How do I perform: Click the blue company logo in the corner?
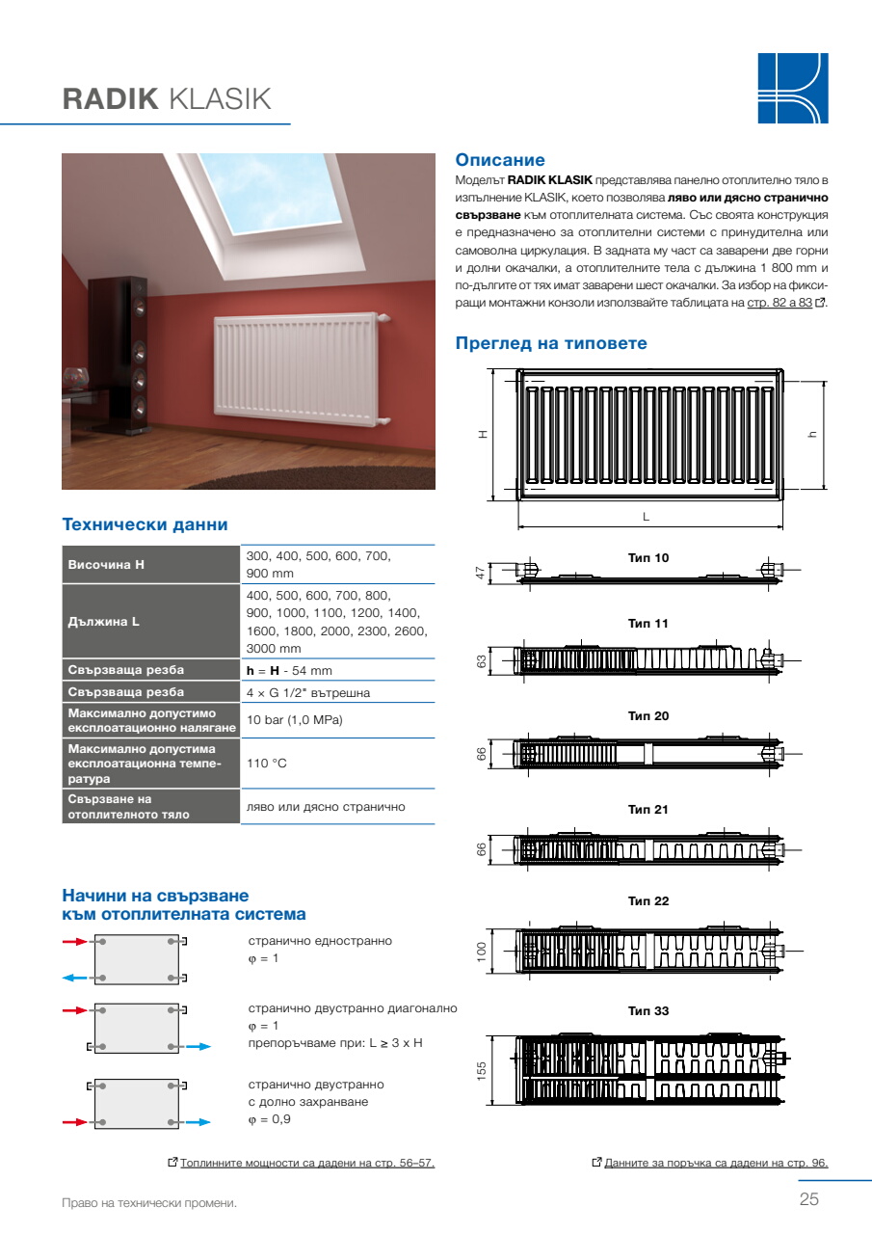tap(793, 88)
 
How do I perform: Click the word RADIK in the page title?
tap(110, 99)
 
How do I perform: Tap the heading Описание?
tap(500, 160)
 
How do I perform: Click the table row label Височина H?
tap(106, 565)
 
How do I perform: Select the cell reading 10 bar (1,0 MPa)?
tap(295, 720)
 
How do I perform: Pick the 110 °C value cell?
tap(267, 763)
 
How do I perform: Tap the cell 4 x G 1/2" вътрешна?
tap(308, 692)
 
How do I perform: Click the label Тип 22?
tap(647, 900)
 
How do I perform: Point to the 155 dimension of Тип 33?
tap(482, 1070)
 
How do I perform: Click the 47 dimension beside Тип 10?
tap(481, 573)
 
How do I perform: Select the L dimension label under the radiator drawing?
tap(647, 517)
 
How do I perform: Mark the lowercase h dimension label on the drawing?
tap(812, 434)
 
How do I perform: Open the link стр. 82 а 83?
tap(780, 303)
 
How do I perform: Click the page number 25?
tap(808, 1198)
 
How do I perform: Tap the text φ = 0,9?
tap(269, 1119)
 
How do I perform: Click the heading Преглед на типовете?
tap(551, 343)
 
